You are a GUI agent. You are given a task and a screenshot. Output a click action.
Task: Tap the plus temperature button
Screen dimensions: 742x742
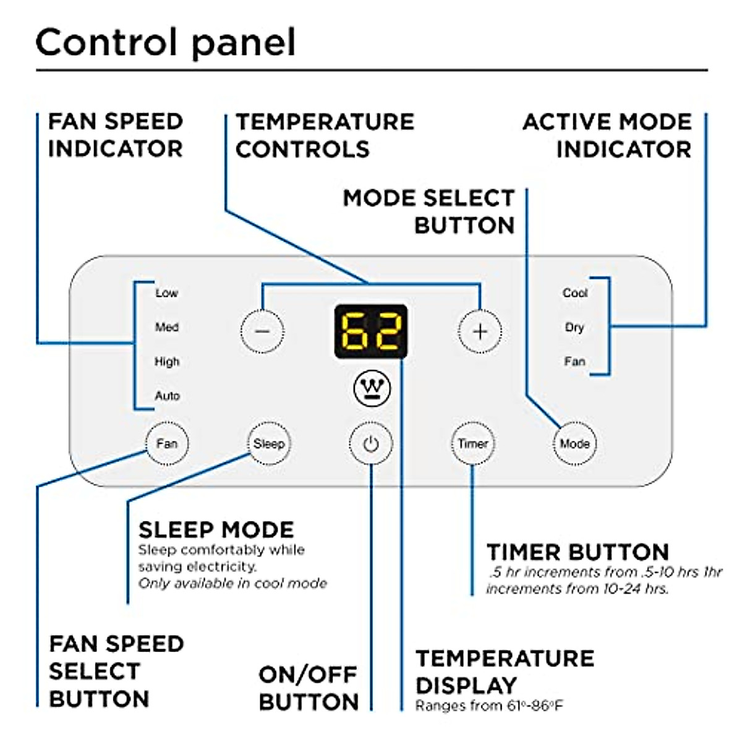coord(480,331)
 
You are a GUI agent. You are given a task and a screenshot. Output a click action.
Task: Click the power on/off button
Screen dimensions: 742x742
coord(370,443)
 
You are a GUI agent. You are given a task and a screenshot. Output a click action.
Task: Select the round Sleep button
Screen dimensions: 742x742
coord(268,443)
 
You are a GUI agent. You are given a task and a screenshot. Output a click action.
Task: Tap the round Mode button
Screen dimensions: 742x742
coord(574,443)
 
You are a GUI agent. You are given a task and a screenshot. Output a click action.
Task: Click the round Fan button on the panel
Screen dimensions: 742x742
coord(166,443)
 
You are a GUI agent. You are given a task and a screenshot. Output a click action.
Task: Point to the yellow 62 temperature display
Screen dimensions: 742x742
coord(371,331)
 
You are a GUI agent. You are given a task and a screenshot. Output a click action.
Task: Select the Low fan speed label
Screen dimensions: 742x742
coord(166,293)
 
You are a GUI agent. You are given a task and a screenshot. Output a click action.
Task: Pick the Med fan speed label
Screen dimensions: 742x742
coord(166,327)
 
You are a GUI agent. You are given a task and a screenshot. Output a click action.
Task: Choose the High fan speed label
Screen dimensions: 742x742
coord(166,361)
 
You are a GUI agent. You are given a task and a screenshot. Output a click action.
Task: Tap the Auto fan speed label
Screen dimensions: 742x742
coord(167,396)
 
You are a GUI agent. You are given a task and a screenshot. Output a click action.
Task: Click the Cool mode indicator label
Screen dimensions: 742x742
coord(575,293)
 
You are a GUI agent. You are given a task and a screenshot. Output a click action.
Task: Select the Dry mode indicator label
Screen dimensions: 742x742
coord(574,327)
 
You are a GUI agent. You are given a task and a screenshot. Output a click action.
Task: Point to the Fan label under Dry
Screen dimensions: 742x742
coord(574,361)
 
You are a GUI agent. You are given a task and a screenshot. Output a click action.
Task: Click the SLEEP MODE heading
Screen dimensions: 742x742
coord(216,530)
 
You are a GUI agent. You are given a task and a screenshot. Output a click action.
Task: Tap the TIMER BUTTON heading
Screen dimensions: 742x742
coord(578,552)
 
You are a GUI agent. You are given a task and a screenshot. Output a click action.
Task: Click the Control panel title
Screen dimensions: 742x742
coord(166,43)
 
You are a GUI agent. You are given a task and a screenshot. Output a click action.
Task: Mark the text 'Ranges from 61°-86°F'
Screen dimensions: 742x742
coord(489,706)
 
